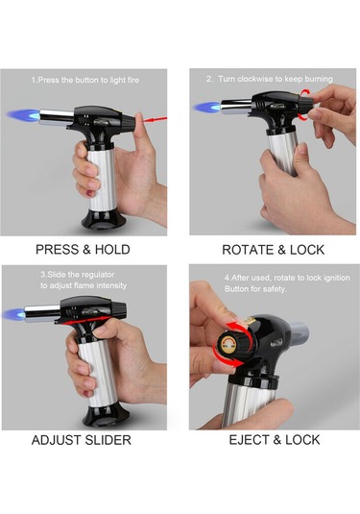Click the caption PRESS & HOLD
pos(83,250)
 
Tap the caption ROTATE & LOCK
pos(274,250)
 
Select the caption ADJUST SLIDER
pos(82,440)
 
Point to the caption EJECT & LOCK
pos(275,440)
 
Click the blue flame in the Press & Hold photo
pos(24,114)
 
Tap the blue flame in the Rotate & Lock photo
pos(207,108)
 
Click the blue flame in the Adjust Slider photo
pos(13,314)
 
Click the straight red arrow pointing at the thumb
pos(155,120)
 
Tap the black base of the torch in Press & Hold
pos(102,220)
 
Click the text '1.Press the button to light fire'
pos(85,80)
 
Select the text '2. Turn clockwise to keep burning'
pos(270,79)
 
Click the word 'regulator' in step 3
pos(98,275)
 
